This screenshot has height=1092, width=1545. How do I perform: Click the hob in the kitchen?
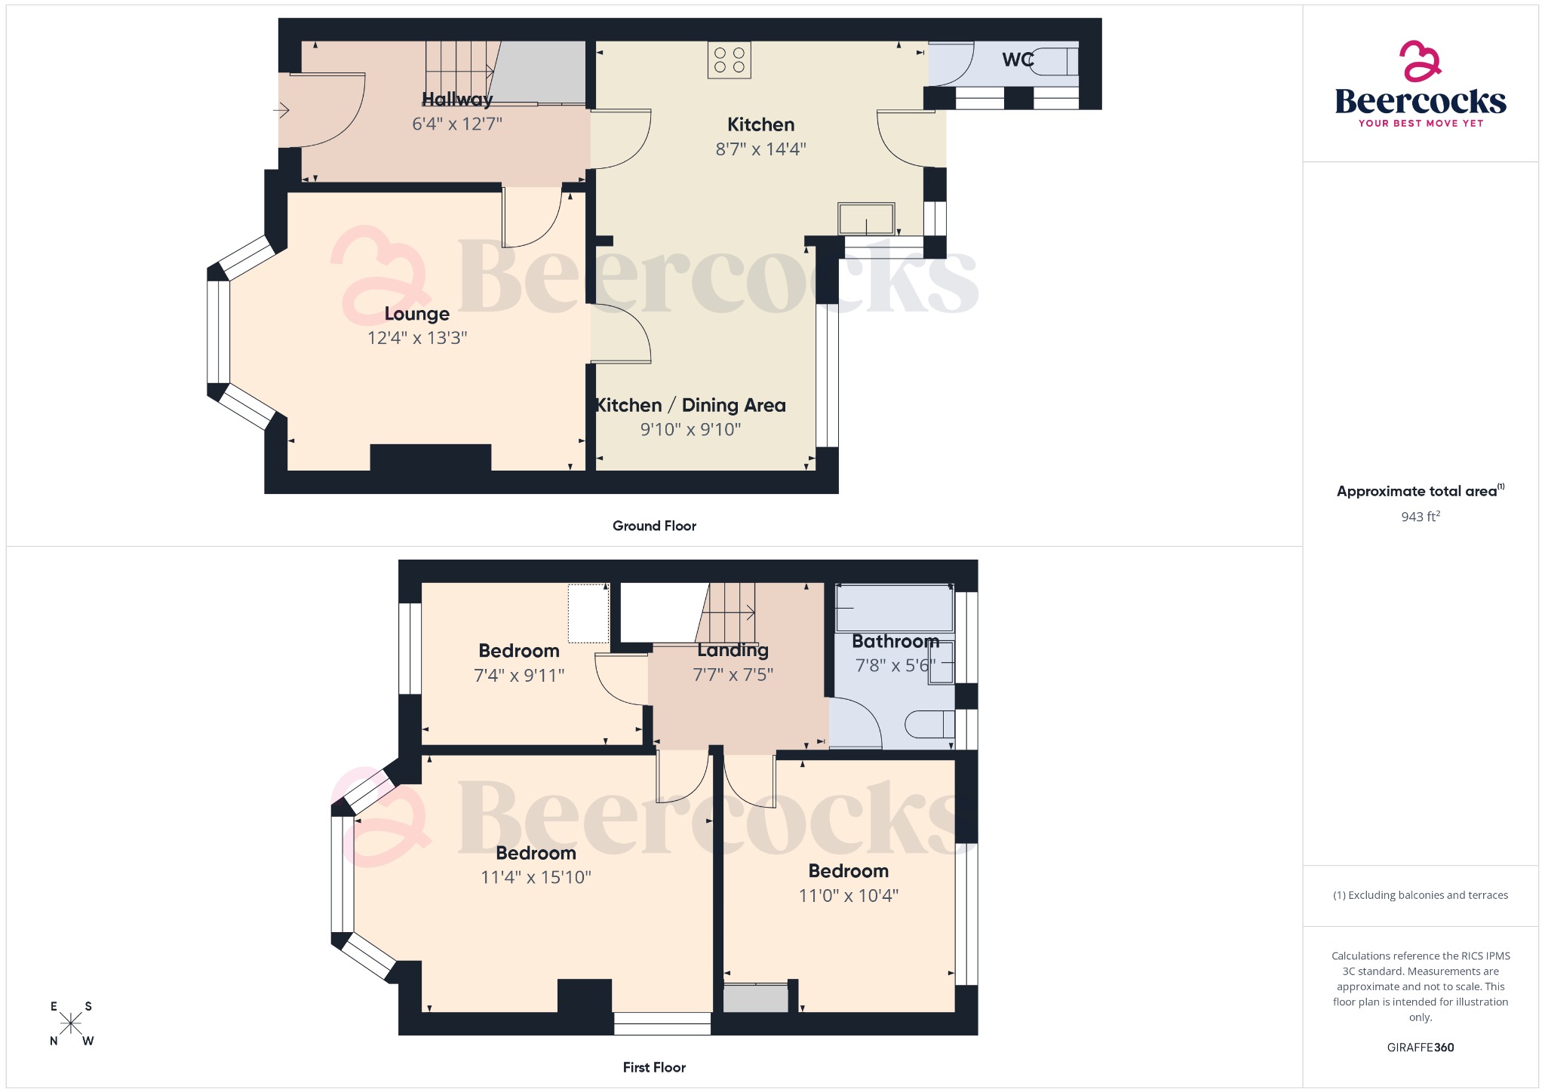[729, 60]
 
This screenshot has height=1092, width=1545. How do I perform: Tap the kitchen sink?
[866, 219]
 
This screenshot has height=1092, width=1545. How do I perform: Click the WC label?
[1018, 60]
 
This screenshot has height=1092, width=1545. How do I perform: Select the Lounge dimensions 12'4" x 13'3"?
[417, 338]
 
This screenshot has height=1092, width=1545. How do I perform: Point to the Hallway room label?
[457, 99]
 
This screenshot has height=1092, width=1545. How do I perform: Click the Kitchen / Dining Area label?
[690, 405]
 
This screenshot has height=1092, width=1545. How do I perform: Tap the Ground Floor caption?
[654, 526]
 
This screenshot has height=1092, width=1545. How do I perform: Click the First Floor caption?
[654, 1067]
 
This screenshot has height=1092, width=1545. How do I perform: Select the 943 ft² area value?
[1421, 517]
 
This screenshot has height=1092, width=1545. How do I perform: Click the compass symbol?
[71, 1023]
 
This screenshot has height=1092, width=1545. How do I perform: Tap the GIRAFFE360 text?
[1421, 1048]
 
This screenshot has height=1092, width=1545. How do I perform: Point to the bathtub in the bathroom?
[894, 608]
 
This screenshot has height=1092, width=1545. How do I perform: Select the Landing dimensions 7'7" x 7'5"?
[733, 674]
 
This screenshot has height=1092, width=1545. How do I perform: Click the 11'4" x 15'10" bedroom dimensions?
[536, 877]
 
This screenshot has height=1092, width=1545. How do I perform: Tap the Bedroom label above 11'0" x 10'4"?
[849, 871]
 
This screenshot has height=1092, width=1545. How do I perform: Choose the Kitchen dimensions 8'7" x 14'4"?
[760, 149]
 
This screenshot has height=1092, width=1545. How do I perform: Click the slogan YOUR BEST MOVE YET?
[1421, 123]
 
